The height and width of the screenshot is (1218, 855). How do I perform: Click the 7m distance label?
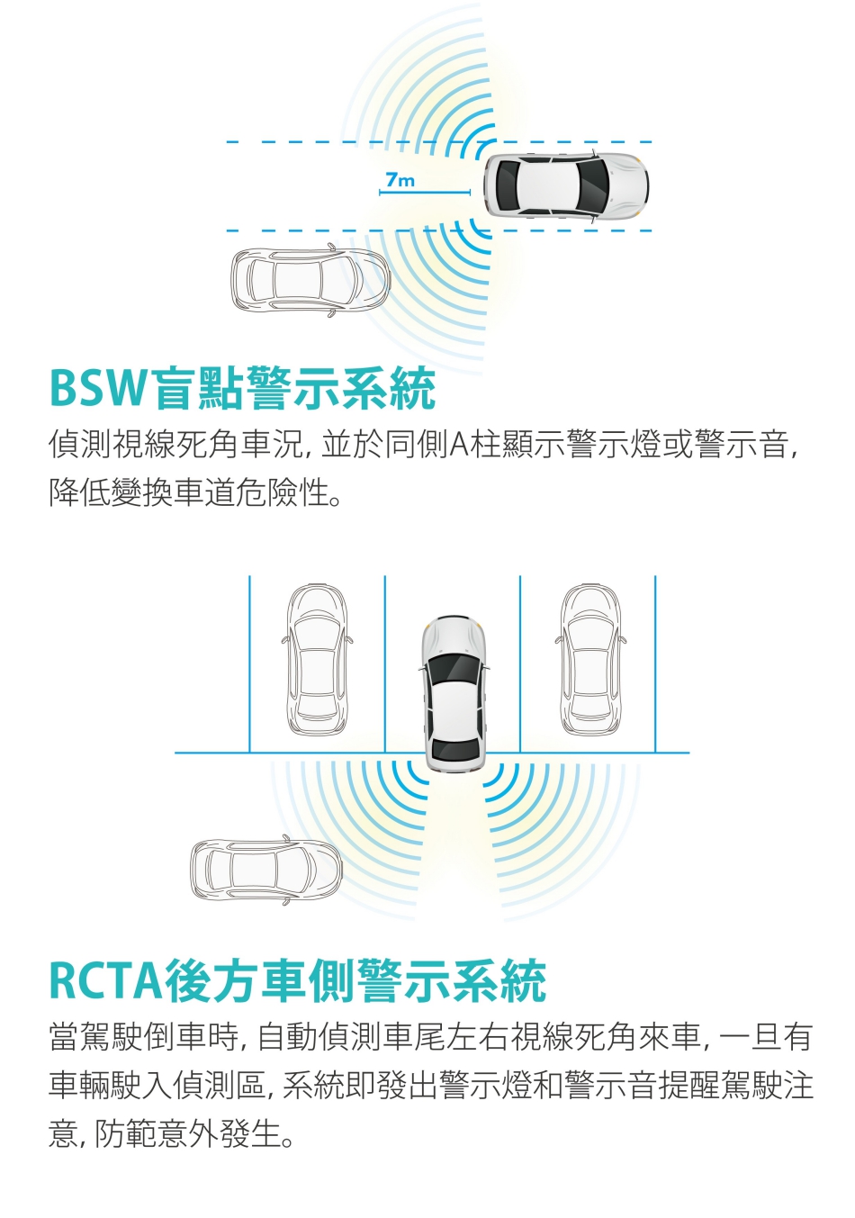(x=400, y=179)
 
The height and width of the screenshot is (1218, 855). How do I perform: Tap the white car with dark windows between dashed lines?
(x=566, y=186)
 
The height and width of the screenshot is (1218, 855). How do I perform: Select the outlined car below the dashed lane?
(x=310, y=279)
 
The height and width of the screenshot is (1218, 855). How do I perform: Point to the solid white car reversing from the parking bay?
(x=454, y=693)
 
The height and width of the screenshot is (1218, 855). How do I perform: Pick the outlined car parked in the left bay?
(x=317, y=660)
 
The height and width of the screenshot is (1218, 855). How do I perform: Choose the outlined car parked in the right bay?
(x=590, y=660)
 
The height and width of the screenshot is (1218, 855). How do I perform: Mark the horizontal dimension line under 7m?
(x=425, y=192)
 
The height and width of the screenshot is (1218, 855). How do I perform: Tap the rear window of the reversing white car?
(x=454, y=750)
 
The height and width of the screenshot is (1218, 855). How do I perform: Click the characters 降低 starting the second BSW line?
(x=79, y=492)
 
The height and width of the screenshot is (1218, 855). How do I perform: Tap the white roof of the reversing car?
(x=454, y=709)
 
